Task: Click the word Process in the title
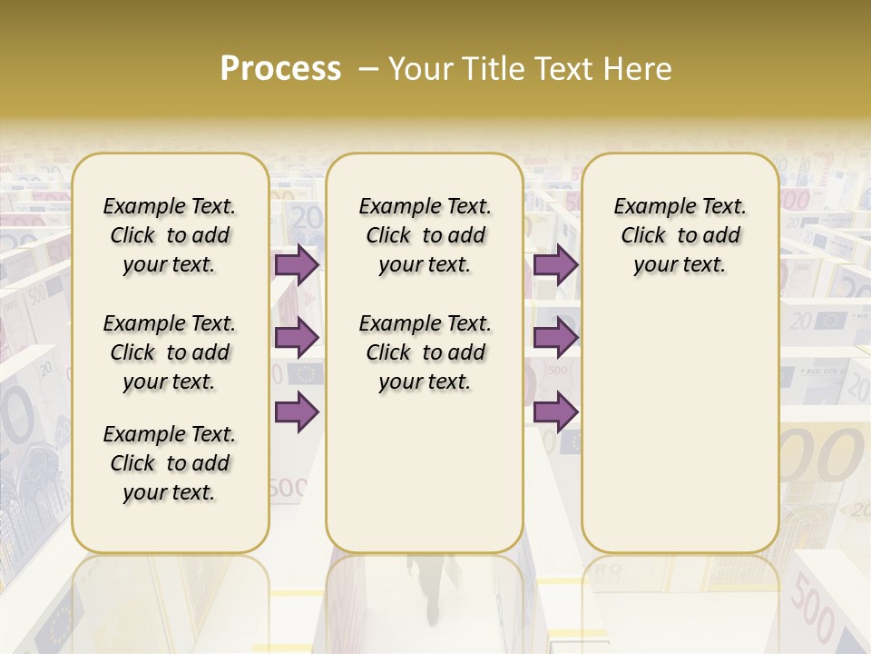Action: pyautogui.click(x=280, y=69)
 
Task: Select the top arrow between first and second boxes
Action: pyautogui.click(x=297, y=265)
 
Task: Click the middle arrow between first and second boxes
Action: pyautogui.click(x=297, y=339)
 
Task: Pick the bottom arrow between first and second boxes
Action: pyautogui.click(x=297, y=411)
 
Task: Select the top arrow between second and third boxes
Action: pyautogui.click(x=555, y=265)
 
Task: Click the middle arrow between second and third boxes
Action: pyautogui.click(x=555, y=339)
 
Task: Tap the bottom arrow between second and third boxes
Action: pyautogui.click(x=555, y=411)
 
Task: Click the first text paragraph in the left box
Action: pyautogui.click(x=170, y=235)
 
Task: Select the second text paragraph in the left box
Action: pyautogui.click(x=170, y=352)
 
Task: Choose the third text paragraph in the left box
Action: pyautogui.click(x=170, y=463)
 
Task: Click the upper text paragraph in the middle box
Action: pyautogui.click(x=426, y=235)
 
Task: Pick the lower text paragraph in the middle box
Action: pyautogui.click(x=426, y=352)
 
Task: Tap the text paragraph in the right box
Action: pyautogui.click(x=680, y=235)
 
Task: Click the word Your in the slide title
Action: pyautogui.click(x=420, y=69)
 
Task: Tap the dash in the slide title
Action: pyautogui.click(x=368, y=69)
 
